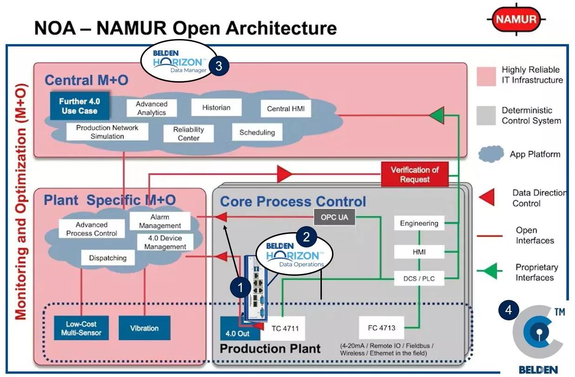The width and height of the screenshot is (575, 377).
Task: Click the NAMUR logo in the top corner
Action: coord(516,19)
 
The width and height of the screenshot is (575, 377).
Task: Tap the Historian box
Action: coord(216,108)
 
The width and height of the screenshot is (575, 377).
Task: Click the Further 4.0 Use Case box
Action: coord(79,106)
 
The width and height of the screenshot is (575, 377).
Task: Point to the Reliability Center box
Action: coord(189,134)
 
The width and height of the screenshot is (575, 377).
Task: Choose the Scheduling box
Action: coord(257,133)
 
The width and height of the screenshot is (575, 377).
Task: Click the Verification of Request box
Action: coord(414,175)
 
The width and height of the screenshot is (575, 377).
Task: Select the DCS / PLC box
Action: coord(419,279)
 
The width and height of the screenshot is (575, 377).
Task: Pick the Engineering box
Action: coord(419,223)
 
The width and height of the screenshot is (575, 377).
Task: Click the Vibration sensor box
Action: coord(144,328)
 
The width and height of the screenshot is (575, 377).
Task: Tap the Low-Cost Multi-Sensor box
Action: coord(81,328)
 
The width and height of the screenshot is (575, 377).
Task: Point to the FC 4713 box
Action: coord(381,327)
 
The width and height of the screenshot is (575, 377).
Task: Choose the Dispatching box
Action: coord(108,258)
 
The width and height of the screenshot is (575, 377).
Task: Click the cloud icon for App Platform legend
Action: coord(491,154)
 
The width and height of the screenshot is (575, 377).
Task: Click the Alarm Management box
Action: coord(160,221)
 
